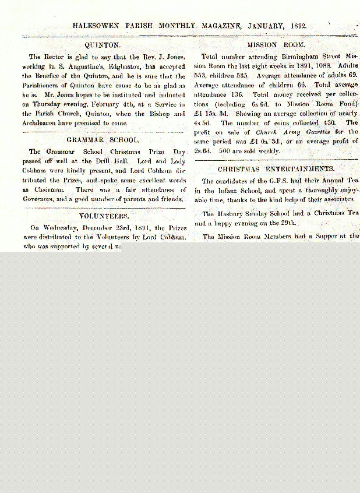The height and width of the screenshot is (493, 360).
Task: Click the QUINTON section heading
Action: tap(103, 44)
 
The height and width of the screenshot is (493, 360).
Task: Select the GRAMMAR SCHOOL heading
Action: tap(103, 140)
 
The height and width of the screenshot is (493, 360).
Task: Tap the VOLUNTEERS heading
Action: tap(103, 216)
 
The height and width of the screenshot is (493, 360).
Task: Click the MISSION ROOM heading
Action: tap(276, 44)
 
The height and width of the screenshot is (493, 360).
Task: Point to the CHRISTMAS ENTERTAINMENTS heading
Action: tap(276, 169)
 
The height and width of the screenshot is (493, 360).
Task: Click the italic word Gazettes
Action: tap(317, 132)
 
